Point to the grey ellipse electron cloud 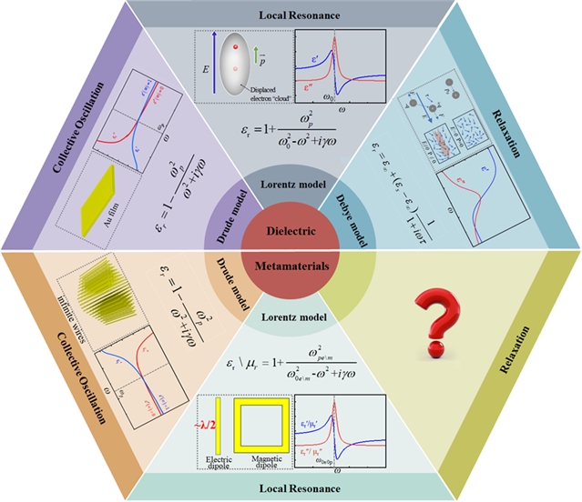244,65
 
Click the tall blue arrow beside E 211,64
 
